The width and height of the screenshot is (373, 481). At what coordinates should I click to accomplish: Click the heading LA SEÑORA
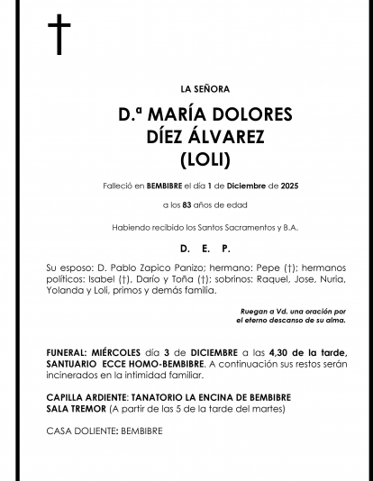205,89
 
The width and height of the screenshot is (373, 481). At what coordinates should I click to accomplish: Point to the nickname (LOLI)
205,160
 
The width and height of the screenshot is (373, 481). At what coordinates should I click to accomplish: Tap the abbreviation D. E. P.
205,248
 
